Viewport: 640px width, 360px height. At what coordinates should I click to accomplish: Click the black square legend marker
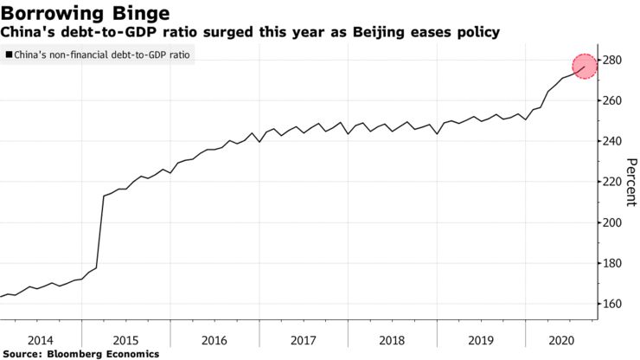[x=9, y=55]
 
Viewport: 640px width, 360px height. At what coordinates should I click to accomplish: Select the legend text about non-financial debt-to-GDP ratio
[x=103, y=55]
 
